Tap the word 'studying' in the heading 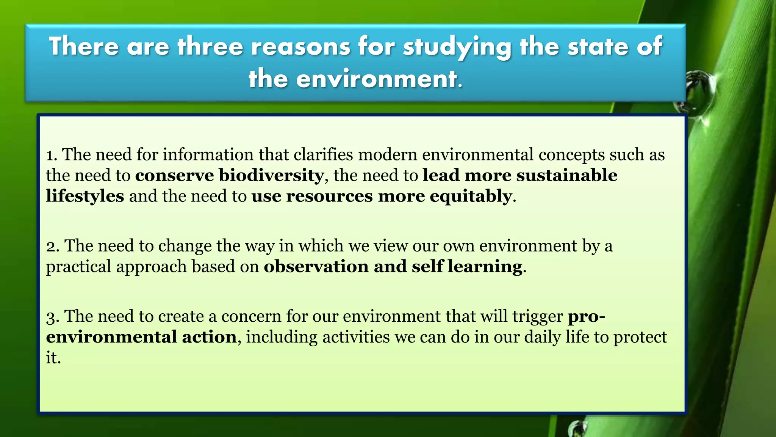[457, 47]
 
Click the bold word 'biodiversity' [271, 176]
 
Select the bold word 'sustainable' [567, 175]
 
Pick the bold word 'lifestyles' [85, 196]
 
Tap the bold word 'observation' [316, 266]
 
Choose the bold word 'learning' [485, 267]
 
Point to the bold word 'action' [209, 337]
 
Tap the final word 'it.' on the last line [53, 358]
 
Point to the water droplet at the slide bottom [577, 428]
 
